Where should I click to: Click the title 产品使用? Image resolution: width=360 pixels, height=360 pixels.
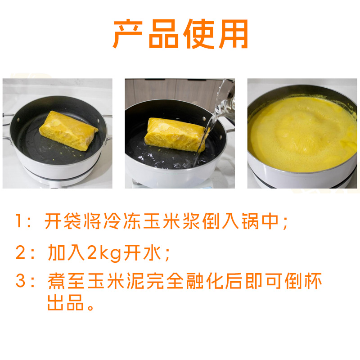coord(180,34)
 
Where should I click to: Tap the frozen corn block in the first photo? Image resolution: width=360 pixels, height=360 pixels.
coord(68,130)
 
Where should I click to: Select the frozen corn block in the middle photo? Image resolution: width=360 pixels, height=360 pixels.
coord(175,135)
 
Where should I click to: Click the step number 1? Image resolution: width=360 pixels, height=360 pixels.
coord(19,221)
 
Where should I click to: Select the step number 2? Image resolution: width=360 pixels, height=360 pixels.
coord(20,252)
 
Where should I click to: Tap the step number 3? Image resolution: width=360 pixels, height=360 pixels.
coord(20,280)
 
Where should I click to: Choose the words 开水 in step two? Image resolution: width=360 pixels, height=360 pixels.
coord(142,252)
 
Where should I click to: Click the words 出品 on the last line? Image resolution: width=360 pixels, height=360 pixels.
coord(65,302)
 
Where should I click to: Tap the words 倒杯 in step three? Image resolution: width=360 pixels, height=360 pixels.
coord(303,280)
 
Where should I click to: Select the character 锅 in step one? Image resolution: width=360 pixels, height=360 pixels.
coord(250,221)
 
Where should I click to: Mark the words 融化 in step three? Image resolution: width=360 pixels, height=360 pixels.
coord(205,280)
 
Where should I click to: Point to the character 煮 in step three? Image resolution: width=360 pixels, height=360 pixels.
coord(57,280)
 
